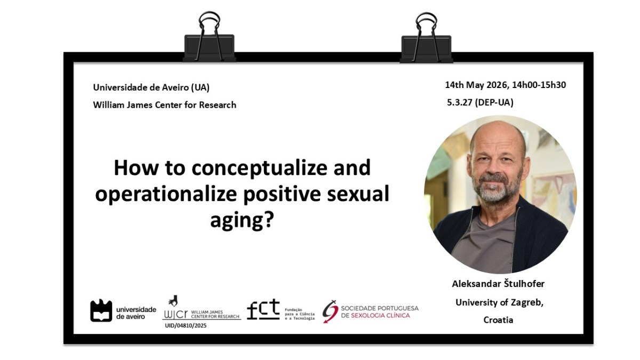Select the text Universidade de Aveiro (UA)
(151, 87)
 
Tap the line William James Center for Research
(165, 105)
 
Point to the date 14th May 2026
(477, 85)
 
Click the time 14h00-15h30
(539, 85)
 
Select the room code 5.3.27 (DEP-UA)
(481, 102)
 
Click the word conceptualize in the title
(259, 169)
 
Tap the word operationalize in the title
(166, 194)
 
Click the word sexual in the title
(358, 194)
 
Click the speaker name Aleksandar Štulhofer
(498, 284)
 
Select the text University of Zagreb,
(499, 302)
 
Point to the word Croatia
(498, 319)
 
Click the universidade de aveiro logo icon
(101, 310)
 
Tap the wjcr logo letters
(175, 314)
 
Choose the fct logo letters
(263, 309)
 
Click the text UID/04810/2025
(186, 325)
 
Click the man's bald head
(498, 134)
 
